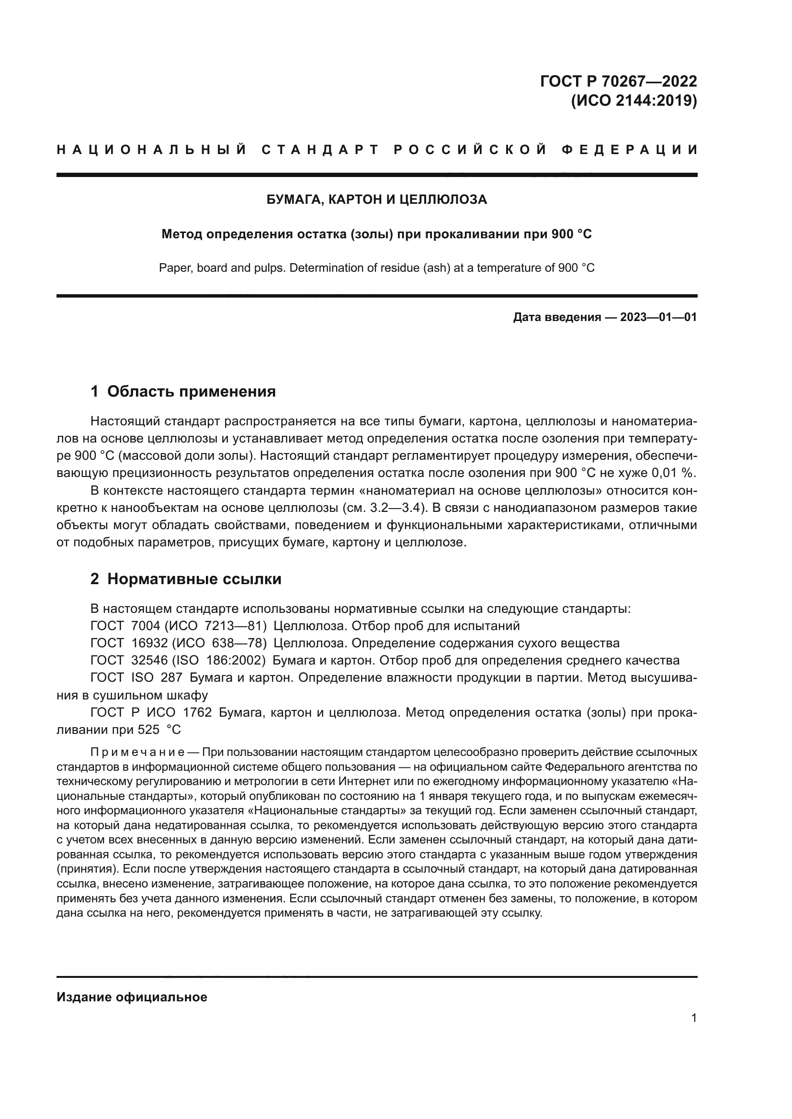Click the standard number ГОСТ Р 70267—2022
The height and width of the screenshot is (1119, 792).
pyautogui.click(x=618, y=81)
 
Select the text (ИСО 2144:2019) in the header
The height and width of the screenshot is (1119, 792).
pyautogui.click(x=634, y=101)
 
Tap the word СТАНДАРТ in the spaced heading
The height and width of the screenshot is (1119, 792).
pyautogui.click(x=320, y=150)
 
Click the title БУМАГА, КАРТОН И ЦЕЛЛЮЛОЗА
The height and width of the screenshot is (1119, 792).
pyautogui.click(x=376, y=199)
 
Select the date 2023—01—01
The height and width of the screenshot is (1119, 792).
pyautogui.click(x=658, y=318)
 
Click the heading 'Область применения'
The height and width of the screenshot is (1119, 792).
pyautogui.click(x=191, y=391)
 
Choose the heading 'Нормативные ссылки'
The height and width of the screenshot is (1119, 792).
pyautogui.click(x=194, y=579)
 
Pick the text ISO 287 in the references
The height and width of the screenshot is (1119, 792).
pyautogui.click(x=157, y=678)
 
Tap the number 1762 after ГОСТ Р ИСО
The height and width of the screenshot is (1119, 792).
pyautogui.click(x=197, y=712)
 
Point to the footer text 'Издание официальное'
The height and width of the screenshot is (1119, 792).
pyautogui.click(x=132, y=997)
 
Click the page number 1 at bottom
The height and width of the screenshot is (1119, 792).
pyautogui.click(x=693, y=1018)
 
